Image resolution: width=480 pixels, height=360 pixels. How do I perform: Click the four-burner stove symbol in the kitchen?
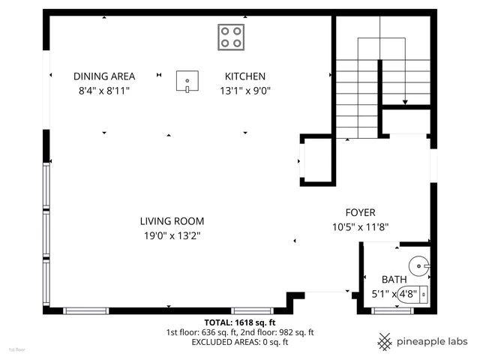click(x=231, y=37)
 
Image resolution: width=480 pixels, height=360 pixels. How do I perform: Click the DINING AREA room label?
click(x=104, y=76)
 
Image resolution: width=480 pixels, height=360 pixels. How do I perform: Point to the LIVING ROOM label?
click(x=172, y=221)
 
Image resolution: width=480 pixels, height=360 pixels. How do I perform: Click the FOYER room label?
click(x=360, y=212)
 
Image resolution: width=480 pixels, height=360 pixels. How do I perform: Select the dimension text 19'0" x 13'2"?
click(x=172, y=235)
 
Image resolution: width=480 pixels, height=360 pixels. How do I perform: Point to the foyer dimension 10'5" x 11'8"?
click(x=360, y=226)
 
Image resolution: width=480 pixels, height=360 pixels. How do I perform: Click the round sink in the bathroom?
click(x=419, y=264)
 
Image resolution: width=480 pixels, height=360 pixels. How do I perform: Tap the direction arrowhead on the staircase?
click(x=406, y=103)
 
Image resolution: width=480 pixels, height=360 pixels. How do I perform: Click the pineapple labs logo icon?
click(x=385, y=341)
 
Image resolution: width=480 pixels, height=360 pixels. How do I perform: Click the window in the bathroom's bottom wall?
click(x=393, y=310)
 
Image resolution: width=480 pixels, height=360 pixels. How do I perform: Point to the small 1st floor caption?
click(x=16, y=349)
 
